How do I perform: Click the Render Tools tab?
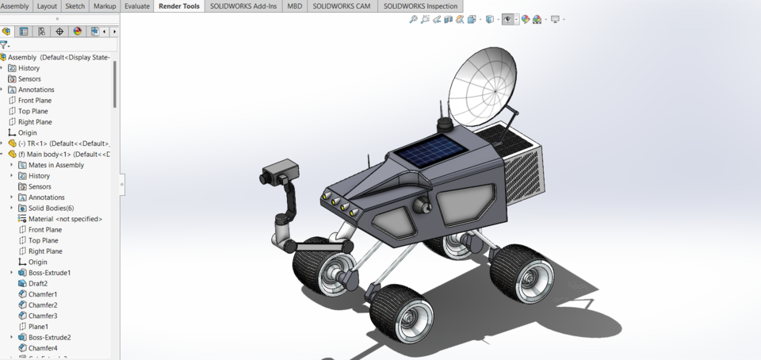pos(180,6)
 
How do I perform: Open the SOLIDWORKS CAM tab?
pos(342,6)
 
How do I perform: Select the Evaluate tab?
pos(136,6)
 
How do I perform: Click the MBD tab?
pos(294,6)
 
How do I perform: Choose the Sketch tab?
pos(75,6)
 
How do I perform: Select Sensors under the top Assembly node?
pos(29,79)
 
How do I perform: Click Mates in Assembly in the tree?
pos(55,165)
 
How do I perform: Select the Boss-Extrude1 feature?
pos(49,273)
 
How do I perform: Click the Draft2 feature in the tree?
pos(38,283)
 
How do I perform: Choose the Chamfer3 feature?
pos(43,316)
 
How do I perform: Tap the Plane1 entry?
pos(38,327)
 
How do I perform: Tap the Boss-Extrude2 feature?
pos(49,337)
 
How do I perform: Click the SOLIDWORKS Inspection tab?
pos(419,6)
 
